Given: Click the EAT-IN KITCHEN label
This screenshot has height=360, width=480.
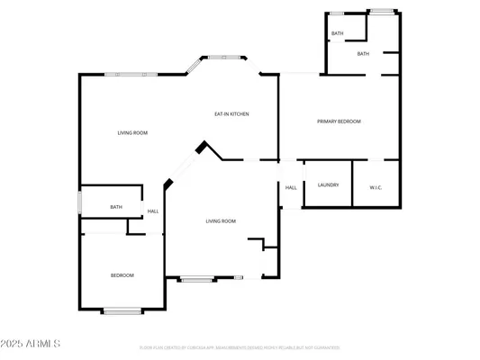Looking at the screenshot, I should pyautogui.click(x=231, y=114).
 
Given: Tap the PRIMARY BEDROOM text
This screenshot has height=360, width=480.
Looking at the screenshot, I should pyautogui.click(x=339, y=121).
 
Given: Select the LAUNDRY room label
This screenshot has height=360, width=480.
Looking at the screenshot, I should pyautogui.click(x=328, y=185).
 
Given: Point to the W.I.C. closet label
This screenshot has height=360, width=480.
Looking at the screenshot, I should pyautogui.click(x=376, y=187).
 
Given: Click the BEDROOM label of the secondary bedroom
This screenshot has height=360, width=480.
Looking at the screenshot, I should pyautogui.click(x=122, y=274).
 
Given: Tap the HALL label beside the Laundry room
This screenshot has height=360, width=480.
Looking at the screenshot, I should pyautogui.click(x=291, y=187).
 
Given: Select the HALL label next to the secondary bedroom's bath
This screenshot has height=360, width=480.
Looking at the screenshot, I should pyautogui.click(x=153, y=211).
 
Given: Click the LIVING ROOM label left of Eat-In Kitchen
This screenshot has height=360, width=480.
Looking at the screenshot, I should pyautogui.click(x=132, y=132).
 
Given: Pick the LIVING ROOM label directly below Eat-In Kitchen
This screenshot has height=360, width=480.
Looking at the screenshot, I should pyautogui.click(x=221, y=220).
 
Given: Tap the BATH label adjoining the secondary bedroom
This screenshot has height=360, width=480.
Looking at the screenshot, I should pyautogui.click(x=116, y=207).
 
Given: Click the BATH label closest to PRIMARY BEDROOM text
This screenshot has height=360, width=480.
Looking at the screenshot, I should pyautogui.click(x=363, y=54).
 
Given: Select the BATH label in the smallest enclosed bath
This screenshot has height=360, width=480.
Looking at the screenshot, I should pyautogui.click(x=338, y=33).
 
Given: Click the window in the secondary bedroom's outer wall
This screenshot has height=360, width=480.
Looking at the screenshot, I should pyautogui.click(x=122, y=311).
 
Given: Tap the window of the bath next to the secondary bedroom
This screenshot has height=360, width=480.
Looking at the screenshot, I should pyautogui.click(x=80, y=203).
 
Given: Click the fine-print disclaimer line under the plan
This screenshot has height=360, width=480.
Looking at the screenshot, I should pyautogui.click(x=240, y=347).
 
